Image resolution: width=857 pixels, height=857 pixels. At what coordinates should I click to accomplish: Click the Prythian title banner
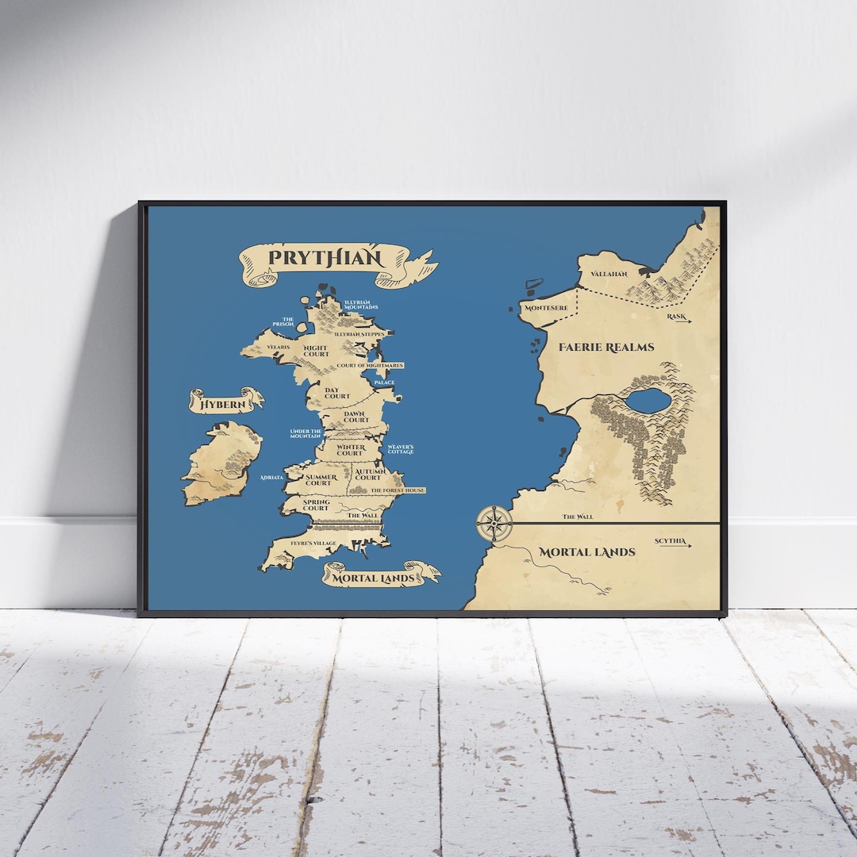325,258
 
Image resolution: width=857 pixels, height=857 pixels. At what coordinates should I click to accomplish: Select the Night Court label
316,351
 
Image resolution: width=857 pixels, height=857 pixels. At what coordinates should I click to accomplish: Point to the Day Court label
337,393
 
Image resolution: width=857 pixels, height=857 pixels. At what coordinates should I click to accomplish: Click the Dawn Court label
356,417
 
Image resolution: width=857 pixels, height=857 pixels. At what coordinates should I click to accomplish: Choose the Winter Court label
351,450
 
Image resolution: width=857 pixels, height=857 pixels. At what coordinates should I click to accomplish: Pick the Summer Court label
318,480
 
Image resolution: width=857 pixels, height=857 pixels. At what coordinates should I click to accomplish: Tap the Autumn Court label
368,475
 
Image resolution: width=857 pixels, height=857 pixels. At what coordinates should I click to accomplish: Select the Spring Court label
316,505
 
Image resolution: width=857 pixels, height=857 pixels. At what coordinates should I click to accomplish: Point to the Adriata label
271,478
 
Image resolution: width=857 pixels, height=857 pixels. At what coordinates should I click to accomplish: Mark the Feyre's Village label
313,543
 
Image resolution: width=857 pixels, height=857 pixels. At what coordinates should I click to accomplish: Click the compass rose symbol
494,524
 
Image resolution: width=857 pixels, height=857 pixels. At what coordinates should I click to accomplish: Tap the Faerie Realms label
606,347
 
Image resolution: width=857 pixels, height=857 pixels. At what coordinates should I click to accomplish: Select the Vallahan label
609,274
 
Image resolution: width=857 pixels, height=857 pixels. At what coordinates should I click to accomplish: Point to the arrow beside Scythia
688,545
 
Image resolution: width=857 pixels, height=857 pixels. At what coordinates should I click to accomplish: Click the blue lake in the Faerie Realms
649,401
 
